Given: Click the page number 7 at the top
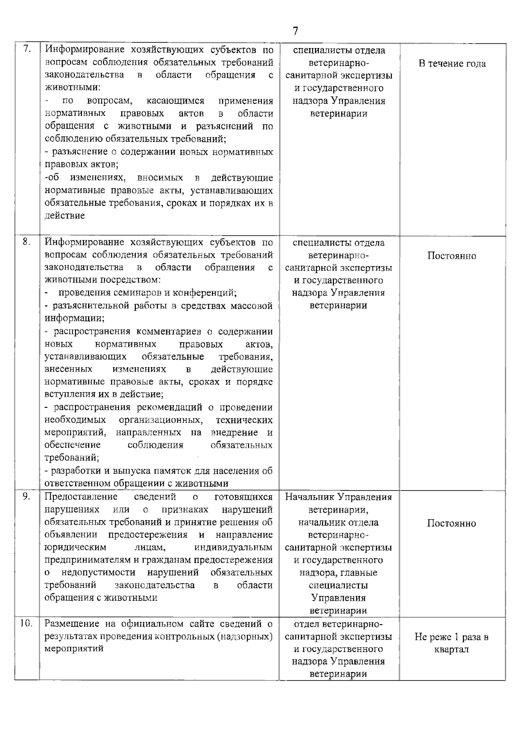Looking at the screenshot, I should [295, 31].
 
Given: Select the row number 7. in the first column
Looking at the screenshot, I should [26, 49].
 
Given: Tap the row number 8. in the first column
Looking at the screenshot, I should [26, 242].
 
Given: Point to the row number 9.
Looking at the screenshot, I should [26, 496].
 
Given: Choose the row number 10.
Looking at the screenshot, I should [26, 623].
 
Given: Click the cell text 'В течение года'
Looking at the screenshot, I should [452, 63].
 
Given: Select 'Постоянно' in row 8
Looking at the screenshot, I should [451, 256].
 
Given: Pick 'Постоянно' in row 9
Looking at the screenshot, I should [451, 523].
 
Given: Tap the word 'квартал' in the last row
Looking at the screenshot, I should [451, 649].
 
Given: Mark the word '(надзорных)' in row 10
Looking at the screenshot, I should [248, 636].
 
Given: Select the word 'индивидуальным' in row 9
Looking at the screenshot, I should [233, 547].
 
